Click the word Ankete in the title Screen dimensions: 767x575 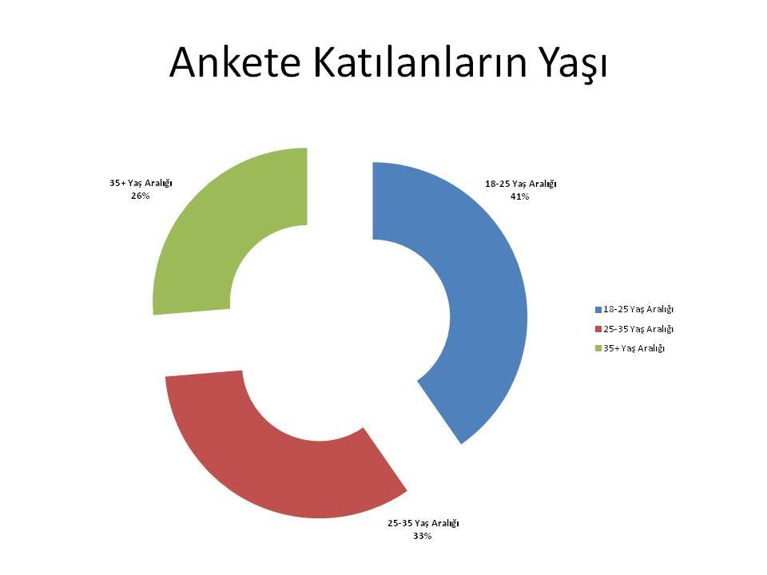point(235,62)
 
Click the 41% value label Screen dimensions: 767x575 point(520,196)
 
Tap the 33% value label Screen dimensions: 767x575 point(423,536)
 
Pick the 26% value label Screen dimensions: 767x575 point(141,196)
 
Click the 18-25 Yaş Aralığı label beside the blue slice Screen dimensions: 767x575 point(521,184)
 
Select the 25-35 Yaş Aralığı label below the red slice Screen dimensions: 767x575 point(423,523)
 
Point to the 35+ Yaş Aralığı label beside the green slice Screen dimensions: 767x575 point(141,184)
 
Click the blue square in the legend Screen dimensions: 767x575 point(598,310)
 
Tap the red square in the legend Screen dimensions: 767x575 point(598,329)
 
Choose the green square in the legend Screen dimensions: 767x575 point(598,349)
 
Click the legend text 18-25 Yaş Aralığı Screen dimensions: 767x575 point(638,310)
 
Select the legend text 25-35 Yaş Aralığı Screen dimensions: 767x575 point(638,329)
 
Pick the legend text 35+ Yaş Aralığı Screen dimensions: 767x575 point(634,349)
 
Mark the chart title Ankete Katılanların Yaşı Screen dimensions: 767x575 point(388,64)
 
